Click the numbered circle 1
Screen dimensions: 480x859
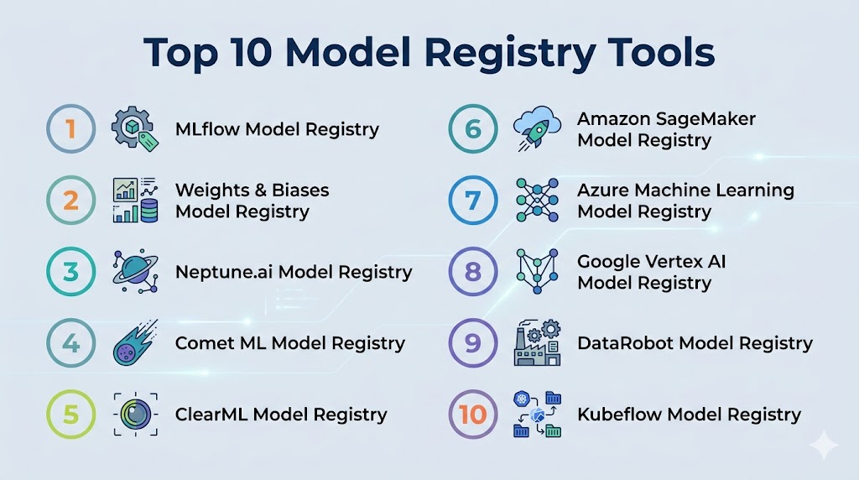click(x=70, y=129)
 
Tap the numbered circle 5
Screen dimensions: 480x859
click(x=70, y=414)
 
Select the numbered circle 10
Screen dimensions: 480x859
click(x=472, y=414)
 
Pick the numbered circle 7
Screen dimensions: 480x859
click(x=472, y=201)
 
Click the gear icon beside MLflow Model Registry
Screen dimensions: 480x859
click(x=135, y=129)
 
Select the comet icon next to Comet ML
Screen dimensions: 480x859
click(x=134, y=343)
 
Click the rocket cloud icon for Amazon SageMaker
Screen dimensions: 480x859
click(x=536, y=129)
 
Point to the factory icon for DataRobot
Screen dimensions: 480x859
click(x=537, y=342)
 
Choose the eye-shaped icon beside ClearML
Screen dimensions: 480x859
click(x=134, y=414)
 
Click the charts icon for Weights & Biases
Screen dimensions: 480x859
click(x=135, y=201)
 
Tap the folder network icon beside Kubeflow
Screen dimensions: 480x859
click(x=537, y=414)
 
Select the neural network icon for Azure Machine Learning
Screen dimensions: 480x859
click(x=536, y=201)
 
